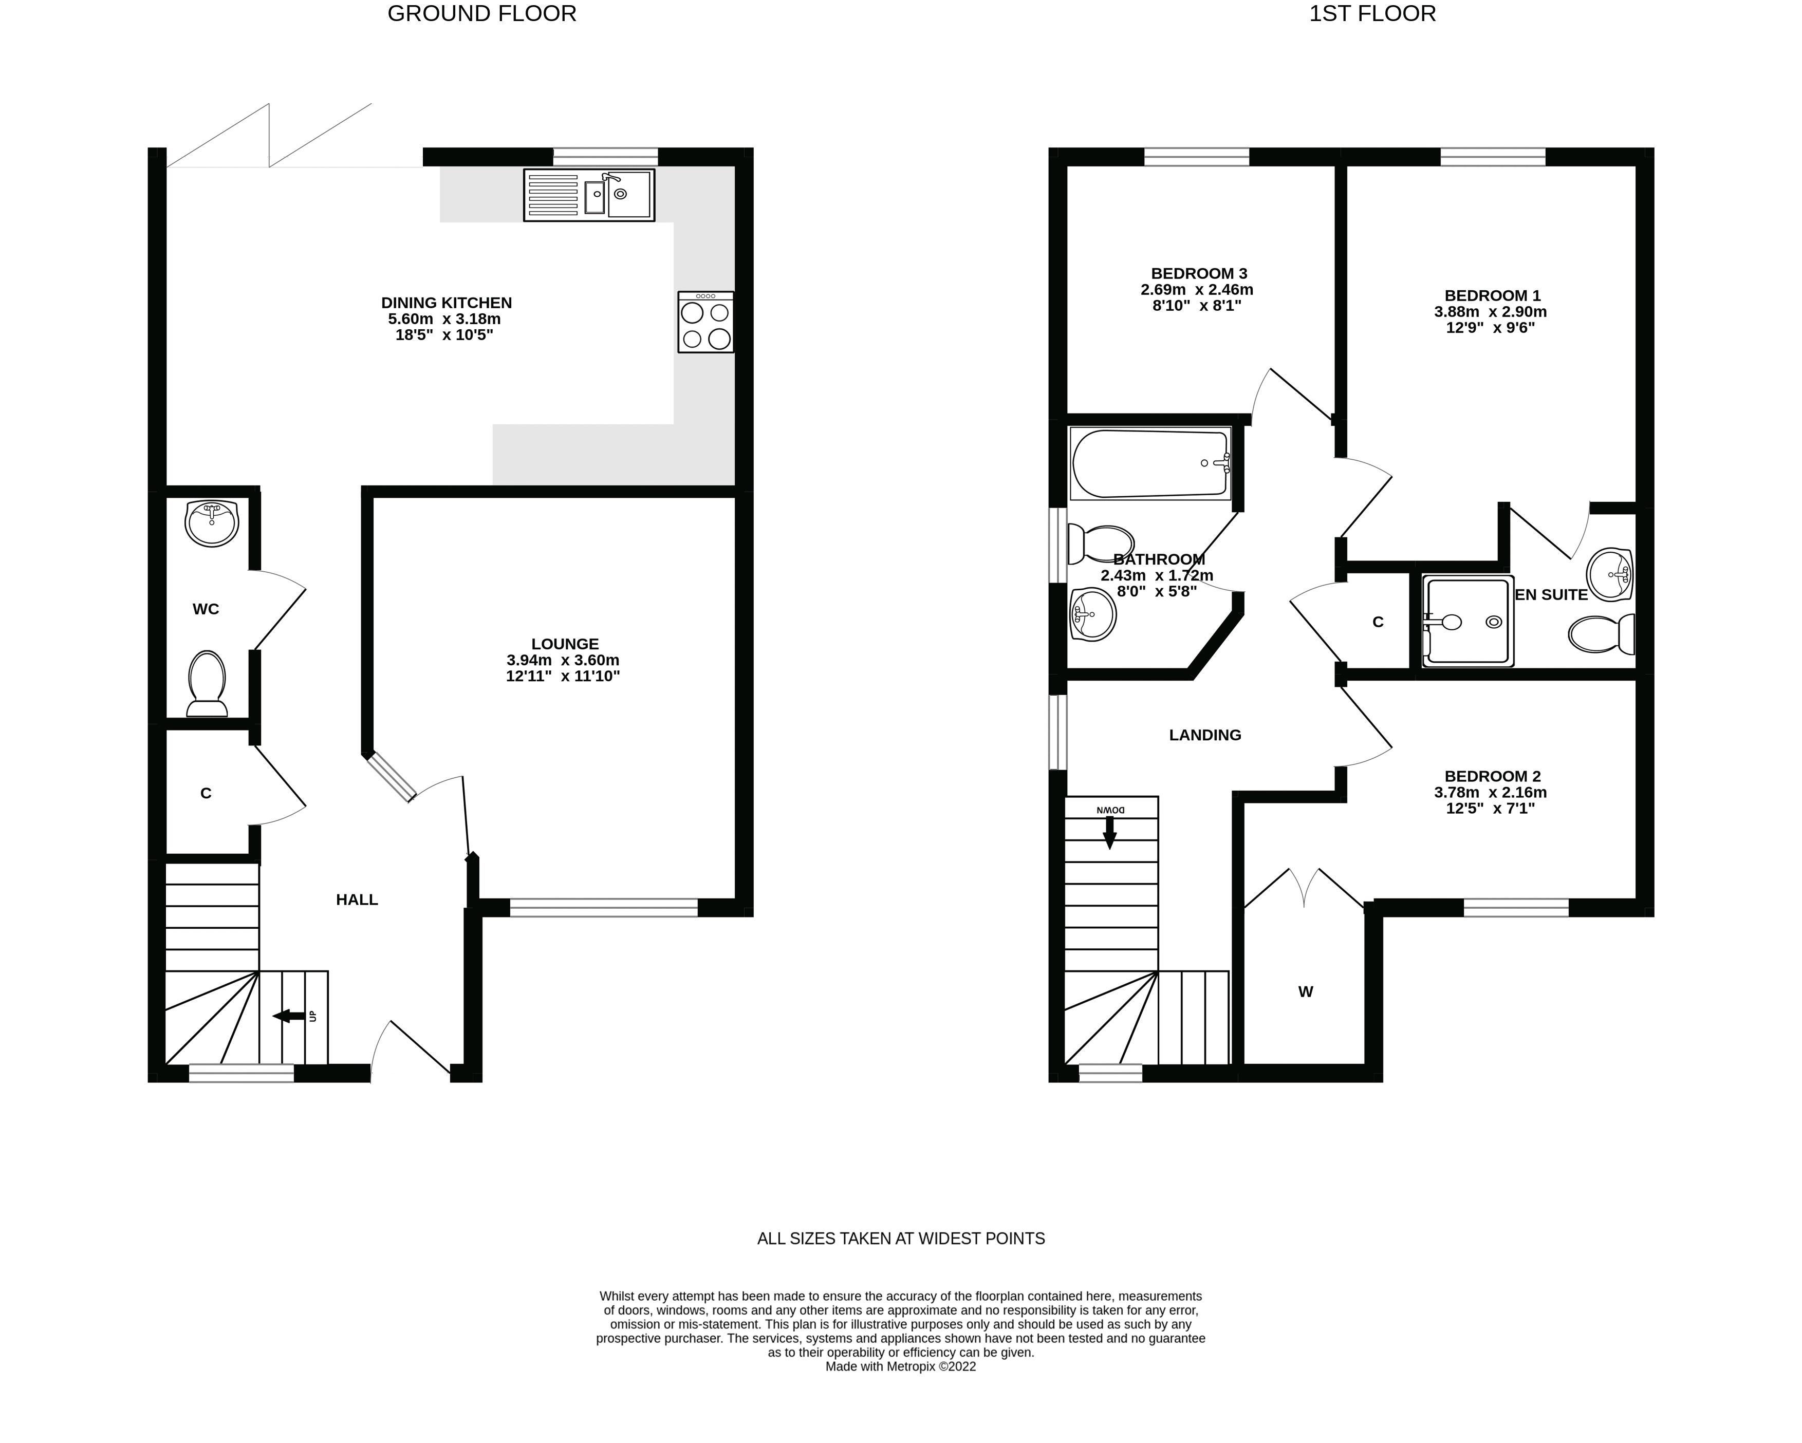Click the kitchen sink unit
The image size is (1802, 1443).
tap(589, 195)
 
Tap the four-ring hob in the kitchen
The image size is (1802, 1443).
tap(706, 322)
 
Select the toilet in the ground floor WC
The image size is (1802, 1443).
tap(207, 683)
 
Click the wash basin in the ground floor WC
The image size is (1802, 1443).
tap(212, 523)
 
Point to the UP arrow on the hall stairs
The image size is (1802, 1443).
tap(289, 1016)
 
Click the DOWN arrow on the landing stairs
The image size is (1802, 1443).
tap(1110, 832)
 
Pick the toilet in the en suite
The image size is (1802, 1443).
tap(1602, 635)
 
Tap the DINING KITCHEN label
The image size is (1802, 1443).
tap(447, 303)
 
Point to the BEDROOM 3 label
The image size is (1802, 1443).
tap(1199, 273)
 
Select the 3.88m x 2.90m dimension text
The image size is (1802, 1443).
tap(1490, 312)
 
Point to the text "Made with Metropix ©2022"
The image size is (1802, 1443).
tap(900, 1367)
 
